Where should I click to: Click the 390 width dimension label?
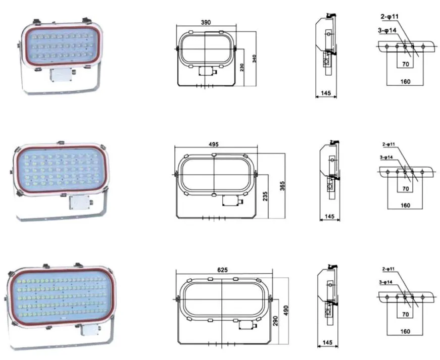click(x=206, y=22)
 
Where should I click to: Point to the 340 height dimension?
click(x=255, y=59)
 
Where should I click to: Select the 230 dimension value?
click(x=242, y=67)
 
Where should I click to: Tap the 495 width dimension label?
click(x=214, y=144)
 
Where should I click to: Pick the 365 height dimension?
click(x=282, y=186)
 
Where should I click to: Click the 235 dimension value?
click(x=265, y=196)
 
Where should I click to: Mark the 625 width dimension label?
click(x=222, y=270)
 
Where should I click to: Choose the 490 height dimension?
click(x=286, y=311)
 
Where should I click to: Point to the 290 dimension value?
click(x=275, y=321)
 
